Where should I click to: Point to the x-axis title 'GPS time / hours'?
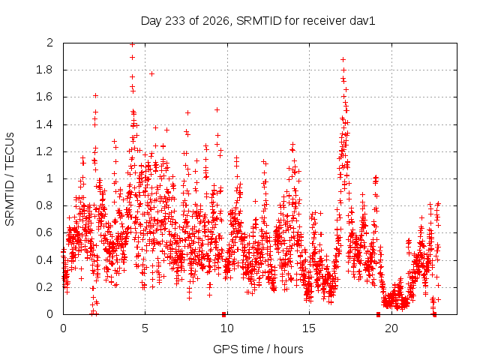pos(258,349)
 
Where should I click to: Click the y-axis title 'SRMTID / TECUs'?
pos(10,179)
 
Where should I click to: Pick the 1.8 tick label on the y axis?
pos(44,70)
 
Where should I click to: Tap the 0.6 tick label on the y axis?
pos(44,232)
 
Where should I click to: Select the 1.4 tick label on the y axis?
pos(44,124)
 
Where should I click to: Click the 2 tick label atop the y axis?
pos(49,43)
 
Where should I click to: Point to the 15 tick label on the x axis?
pos(309,328)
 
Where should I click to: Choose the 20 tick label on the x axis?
pos(391,328)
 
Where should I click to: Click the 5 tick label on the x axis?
pos(145,328)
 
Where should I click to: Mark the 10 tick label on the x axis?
pos(227,328)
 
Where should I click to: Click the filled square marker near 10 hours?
pos(223,314)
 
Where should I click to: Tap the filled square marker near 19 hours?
pos(378,314)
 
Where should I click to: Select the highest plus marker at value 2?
pos(132,45)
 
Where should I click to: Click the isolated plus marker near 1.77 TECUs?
pos(151,73)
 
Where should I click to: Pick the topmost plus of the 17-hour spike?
pos(343,59)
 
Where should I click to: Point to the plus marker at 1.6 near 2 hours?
pos(95,95)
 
